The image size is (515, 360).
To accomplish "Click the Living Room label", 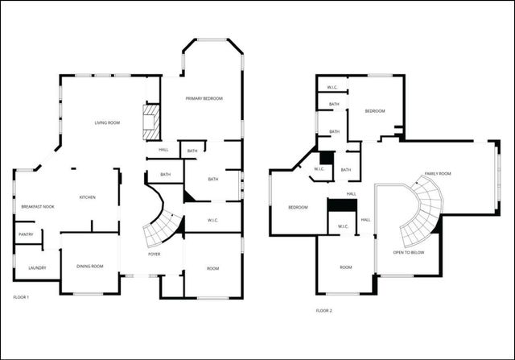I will pyautogui.click(x=107, y=122).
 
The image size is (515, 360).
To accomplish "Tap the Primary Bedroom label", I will pyautogui.click(x=204, y=98).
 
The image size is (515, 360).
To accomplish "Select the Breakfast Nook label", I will pyautogui.click(x=37, y=207).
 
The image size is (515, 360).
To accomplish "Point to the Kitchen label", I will pyautogui.click(x=87, y=197).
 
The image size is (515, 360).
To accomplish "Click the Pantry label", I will pyautogui.click(x=25, y=234).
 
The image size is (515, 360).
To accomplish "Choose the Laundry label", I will pyautogui.click(x=37, y=268).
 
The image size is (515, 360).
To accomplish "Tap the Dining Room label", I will pyautogui.click(x=90, y=266).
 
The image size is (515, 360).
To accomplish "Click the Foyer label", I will pyautogui.click(x=154, y=254).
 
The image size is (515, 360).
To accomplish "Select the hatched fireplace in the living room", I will pyautogui.click(x=150, y=121).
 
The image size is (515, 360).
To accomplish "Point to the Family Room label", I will pyautogui.click(x=438, y=174).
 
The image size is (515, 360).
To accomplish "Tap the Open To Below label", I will pyautogui.click(x=409, y=253).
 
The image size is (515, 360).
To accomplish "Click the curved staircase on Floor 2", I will pyautogui.click(x=424, y=211).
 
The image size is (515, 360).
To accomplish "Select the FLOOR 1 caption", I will pyautogui.click(x=22, y=297).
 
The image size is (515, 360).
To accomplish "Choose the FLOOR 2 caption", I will pyautogui.click(x=323, y=310).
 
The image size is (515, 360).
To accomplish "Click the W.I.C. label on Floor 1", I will pyautogui.click(x=213, y=220).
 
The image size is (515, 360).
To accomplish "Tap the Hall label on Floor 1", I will pyautogui.click(x=163, y=150).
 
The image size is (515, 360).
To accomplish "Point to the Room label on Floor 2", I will pyautogui.click(x=346, y=267).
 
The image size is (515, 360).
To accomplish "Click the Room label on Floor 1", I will pyautogui.click(x=212, y=268).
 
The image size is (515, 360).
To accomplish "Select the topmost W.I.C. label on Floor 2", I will pyautogui.click(x=332, y=87).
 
